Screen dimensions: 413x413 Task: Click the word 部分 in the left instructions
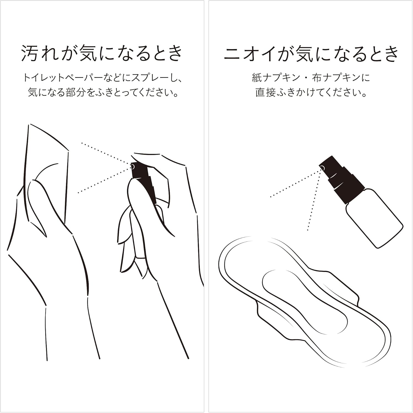76,92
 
